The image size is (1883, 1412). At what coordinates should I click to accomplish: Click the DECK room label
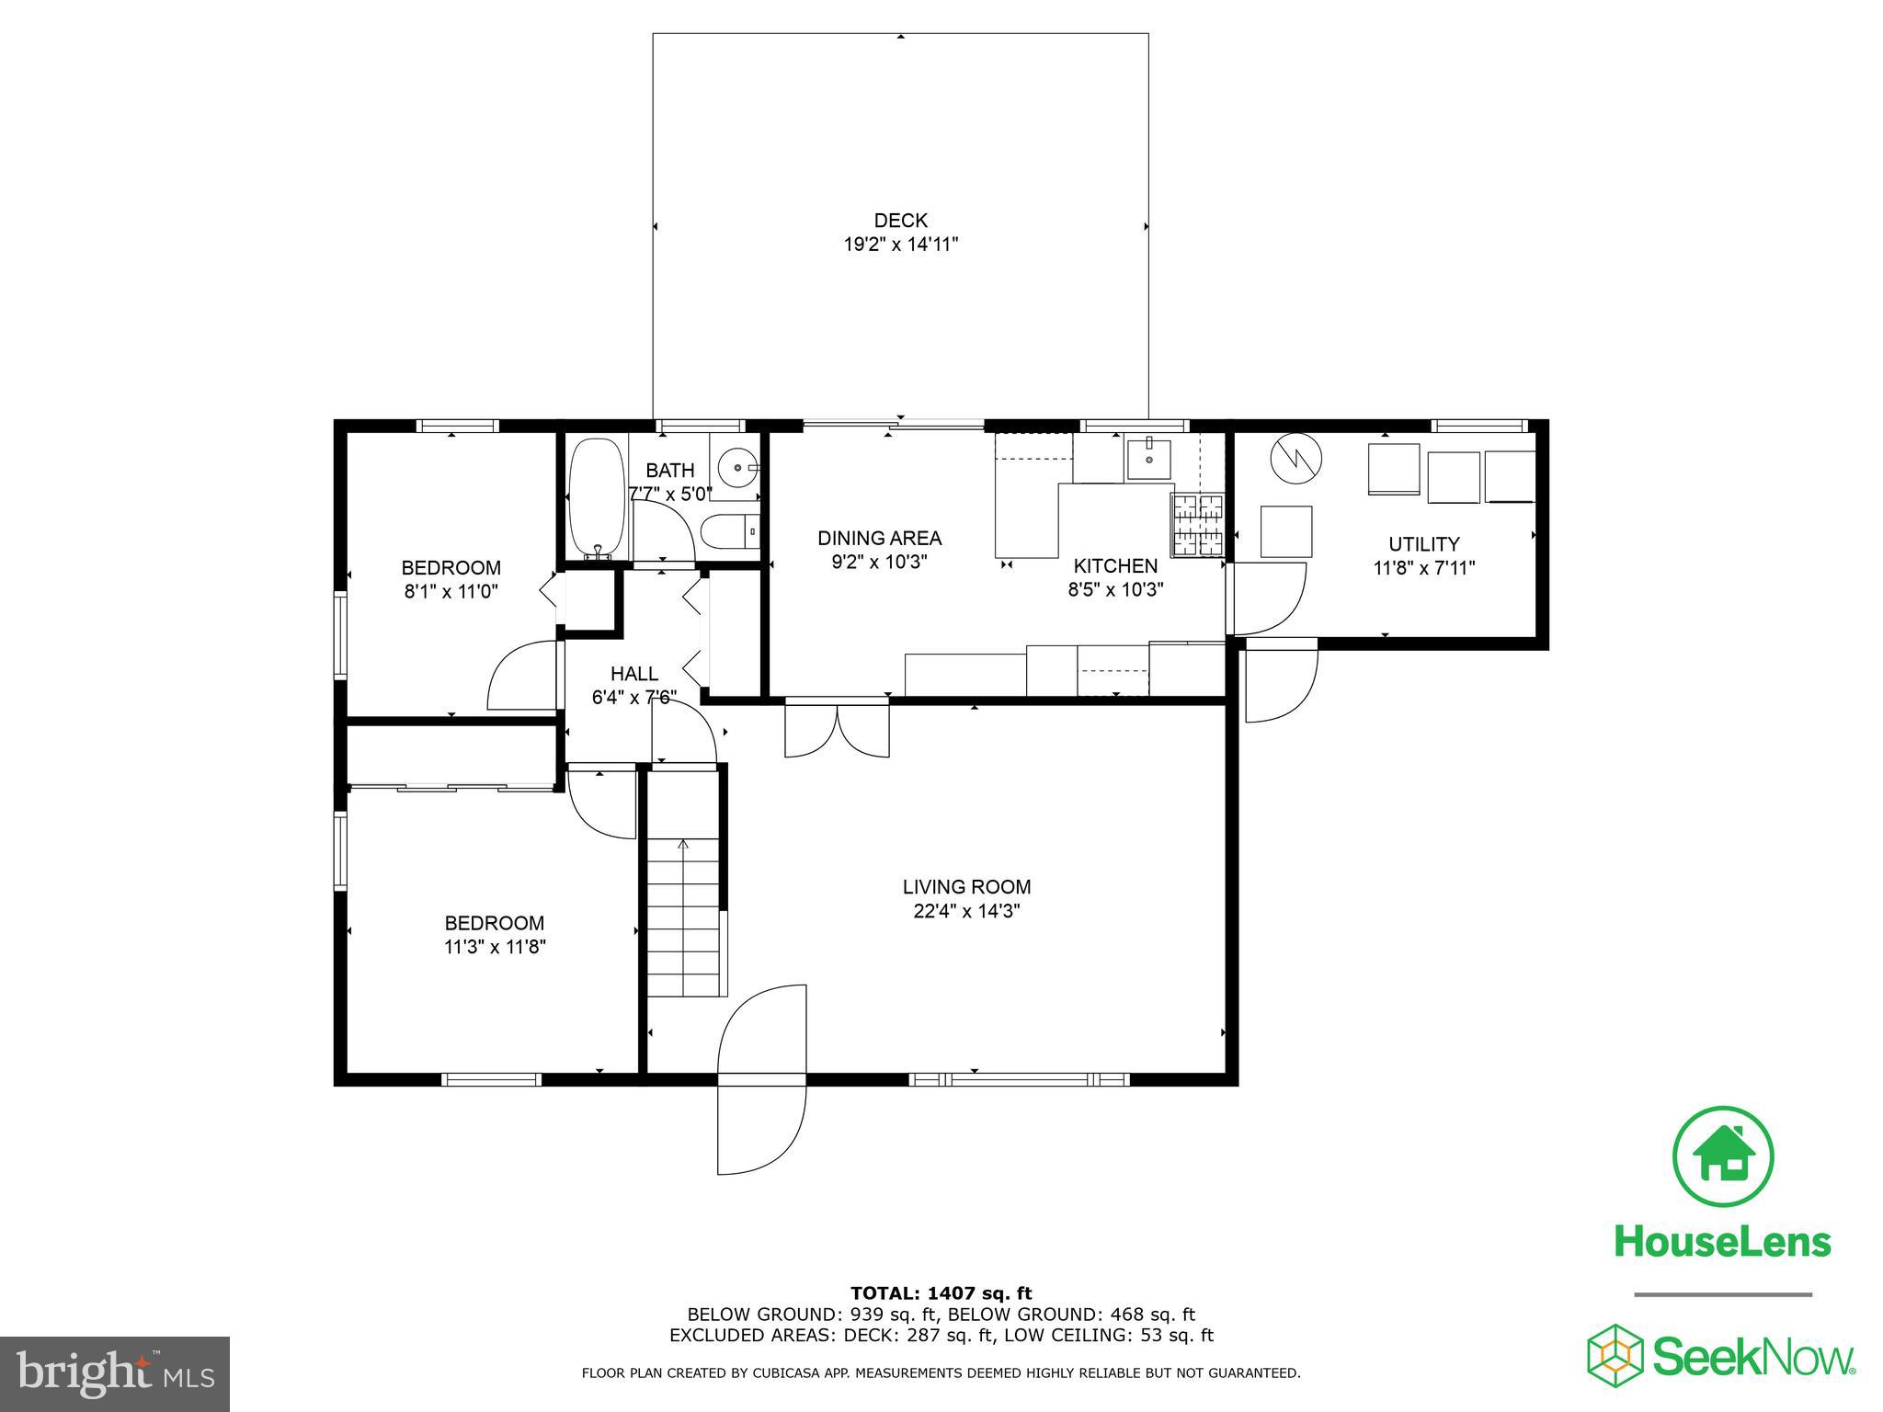click(x=900, y=221)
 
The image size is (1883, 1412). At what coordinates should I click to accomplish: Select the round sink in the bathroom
click(x=737, y=467)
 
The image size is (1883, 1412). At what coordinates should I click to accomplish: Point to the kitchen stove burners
click(x=1197, y=525)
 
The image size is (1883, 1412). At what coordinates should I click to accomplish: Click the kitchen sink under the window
click(x=1148, y=459)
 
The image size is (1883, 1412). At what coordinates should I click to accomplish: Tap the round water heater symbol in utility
click(x=1295, y=459)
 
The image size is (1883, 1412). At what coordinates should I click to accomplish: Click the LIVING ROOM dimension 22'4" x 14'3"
click(x=965, y=911)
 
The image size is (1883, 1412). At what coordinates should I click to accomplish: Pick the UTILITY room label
click(x=1423, y=544)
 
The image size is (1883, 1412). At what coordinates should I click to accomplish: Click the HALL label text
click(x=634, y=674)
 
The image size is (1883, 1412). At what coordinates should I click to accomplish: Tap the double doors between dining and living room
click(x=837, y=728)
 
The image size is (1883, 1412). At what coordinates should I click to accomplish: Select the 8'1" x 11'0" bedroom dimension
click(x=451, y=592)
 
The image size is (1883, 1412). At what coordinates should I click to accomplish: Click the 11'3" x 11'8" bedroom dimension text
click(x=495, y=947)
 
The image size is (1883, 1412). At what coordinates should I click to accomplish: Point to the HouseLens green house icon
click(x=1722, y=1157)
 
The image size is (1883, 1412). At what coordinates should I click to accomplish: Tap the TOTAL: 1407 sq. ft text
click(x=941, y=1294)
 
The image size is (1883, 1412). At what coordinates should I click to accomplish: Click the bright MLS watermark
click(x=114, y=1373)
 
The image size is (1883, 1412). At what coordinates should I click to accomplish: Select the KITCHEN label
click(x=1115, y=566)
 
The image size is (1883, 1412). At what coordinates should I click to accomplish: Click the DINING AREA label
click(x=879, y=538)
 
